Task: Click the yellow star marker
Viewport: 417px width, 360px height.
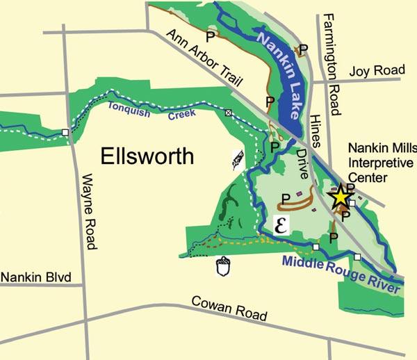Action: click(x=340, y=197)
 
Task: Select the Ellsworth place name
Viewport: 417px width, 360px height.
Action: click(x=147, y=156)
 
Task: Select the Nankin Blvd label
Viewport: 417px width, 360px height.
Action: click(x=36, y=278)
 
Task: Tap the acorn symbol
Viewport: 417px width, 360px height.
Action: click(x=223, y=267)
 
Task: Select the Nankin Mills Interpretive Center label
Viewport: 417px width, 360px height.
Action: click(x=382, y=163)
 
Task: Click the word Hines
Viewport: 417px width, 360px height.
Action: click(x=317, y=122)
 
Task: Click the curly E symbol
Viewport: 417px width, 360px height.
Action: click(x=281, y=223)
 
